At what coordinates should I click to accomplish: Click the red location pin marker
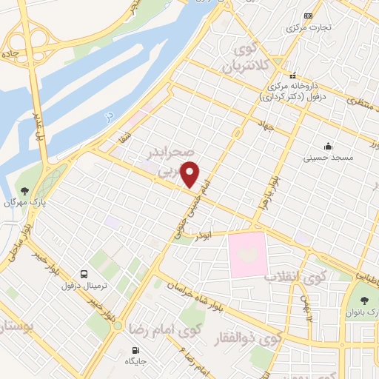(x=190, y=174)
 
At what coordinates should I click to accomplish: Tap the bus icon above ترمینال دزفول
(x=83, y=273)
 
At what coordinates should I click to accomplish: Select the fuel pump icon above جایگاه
(x=135, y=349)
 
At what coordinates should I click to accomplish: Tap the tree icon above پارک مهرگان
(x=24, y=191)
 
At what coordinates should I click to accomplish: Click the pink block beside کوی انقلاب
(x=246, y=255)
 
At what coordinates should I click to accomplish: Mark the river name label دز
(x=108, y=116)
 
